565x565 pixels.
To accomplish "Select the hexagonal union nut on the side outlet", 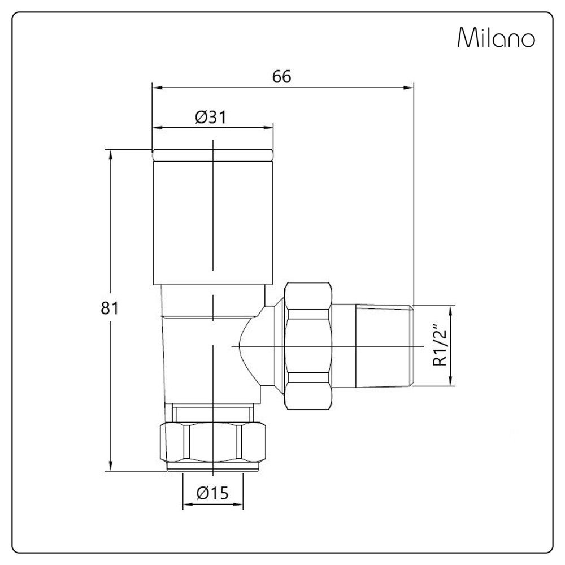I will tap(307, 346).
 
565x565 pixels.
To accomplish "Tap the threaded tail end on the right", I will tap(384, 346).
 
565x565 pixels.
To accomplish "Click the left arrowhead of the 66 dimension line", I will tap(156, 88).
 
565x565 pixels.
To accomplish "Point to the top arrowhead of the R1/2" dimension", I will tap(451, 310).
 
